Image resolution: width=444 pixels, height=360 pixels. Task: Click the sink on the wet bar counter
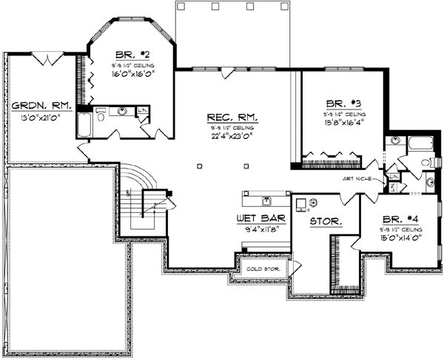click(266, 200)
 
